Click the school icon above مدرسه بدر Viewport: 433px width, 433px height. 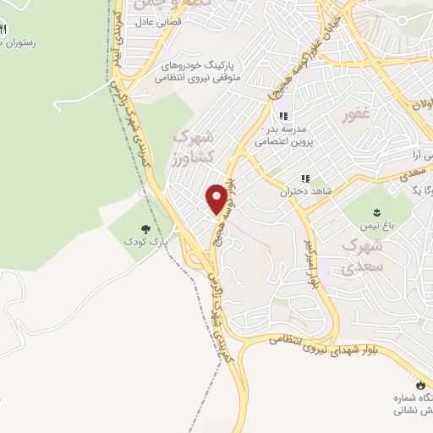click(x=282, y=115)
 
